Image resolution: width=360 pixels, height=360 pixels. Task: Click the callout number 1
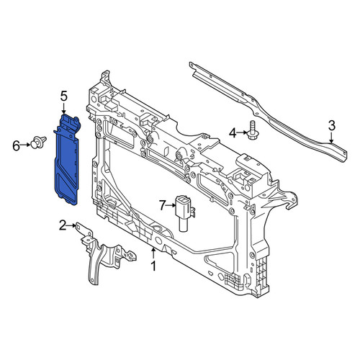[x=153, y=266]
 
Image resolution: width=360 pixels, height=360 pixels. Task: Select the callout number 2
[x=63, y=225]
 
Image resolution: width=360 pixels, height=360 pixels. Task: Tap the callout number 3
[x=331, y=126]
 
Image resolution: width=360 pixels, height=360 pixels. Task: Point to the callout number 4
[x=233, y=132]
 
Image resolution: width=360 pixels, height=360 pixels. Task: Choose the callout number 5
[x=64, y=96]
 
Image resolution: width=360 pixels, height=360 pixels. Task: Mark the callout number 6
[x=16, y=145]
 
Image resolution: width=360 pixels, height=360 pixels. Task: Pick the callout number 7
[x=163, y=205]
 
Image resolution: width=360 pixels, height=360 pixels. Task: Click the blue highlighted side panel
[x=67, y=161]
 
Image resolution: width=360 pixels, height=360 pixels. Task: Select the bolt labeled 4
[x=252, y=132]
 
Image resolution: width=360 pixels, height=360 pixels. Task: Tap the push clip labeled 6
[x=38, y=142]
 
